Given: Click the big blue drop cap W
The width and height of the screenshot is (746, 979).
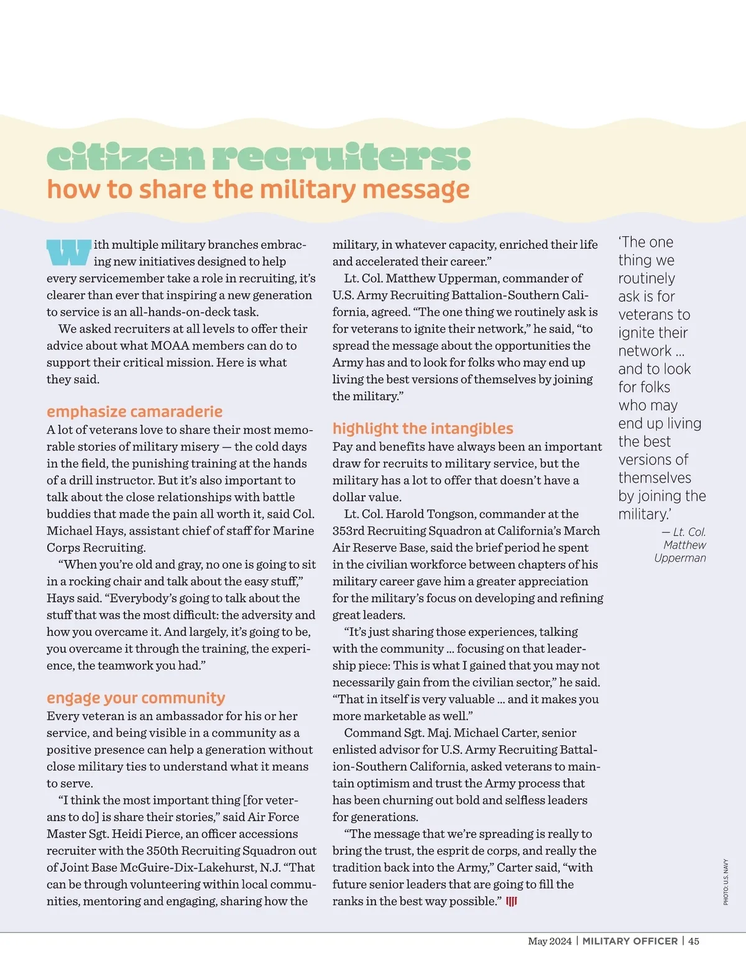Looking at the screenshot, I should (x=68, y=252).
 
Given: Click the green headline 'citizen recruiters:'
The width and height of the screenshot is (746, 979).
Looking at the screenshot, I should (x=259, y=157).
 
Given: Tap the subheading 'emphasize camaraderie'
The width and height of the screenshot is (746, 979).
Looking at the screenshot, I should (x=134, y=411).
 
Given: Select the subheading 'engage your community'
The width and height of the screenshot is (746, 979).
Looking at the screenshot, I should (x=136, y=698).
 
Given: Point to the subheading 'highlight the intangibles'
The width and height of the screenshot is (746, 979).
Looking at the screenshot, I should (x=423, y=428).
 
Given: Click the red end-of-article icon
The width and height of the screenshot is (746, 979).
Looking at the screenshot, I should (x=511, y=901).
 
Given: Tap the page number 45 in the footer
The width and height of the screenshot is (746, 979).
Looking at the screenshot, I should (x=693, y=941).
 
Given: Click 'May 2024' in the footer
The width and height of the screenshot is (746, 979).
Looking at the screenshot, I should (x=550, y=941).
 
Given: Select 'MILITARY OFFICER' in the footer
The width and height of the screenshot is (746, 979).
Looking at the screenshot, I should (x=630, y=941).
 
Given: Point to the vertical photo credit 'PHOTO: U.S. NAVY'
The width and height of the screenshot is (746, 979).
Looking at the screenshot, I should (x=725, y=882).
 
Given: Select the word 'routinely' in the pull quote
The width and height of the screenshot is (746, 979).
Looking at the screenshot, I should (x=647, y=278).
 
